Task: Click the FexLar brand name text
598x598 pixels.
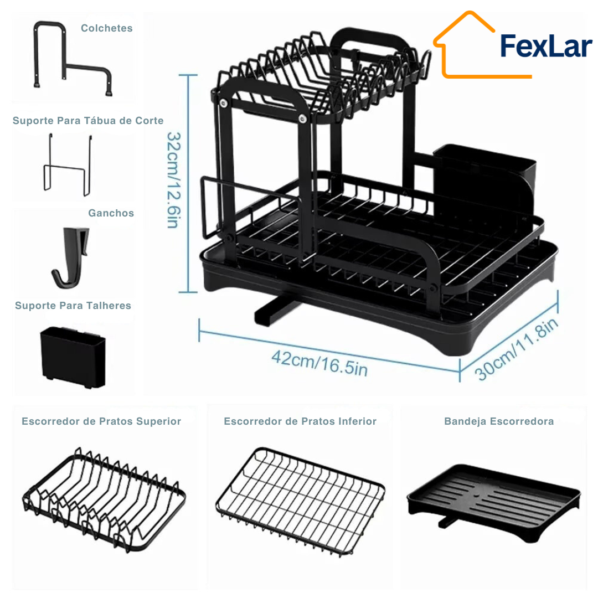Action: [546, 46]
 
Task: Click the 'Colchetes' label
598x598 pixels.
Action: [107, 28]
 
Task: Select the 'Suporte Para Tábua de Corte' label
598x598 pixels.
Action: [88, 121]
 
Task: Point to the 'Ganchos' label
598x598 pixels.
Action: [111, 213]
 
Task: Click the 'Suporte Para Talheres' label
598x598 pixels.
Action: [73, 306]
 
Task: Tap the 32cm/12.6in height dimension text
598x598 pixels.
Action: [173, 180]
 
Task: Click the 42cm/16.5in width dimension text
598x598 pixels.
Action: [319, 363]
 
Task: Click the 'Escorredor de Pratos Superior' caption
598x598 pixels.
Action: [101, 421]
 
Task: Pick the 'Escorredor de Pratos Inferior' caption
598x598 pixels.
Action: [300, 421]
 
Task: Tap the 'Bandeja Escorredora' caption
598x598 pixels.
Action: [499, 421]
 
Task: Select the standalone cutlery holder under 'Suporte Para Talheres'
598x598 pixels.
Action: [73, 357]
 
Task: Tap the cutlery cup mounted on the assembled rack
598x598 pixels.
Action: [484, 179]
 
